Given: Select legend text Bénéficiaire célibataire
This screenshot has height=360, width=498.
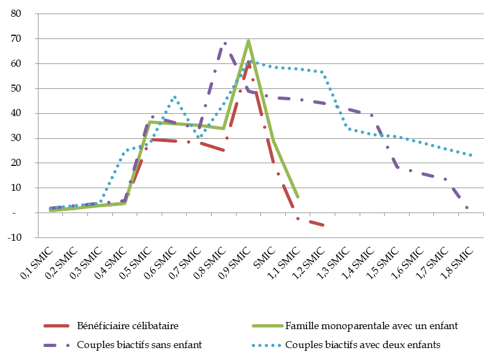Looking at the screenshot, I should click(x=127, y=326).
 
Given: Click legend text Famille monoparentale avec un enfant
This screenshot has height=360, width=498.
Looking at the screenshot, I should click(x=372, y=326).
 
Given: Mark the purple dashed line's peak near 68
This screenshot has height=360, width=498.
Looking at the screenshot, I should click(x=225, y=43).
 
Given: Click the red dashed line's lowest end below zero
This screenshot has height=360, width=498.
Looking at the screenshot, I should click(x=323, y=225).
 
